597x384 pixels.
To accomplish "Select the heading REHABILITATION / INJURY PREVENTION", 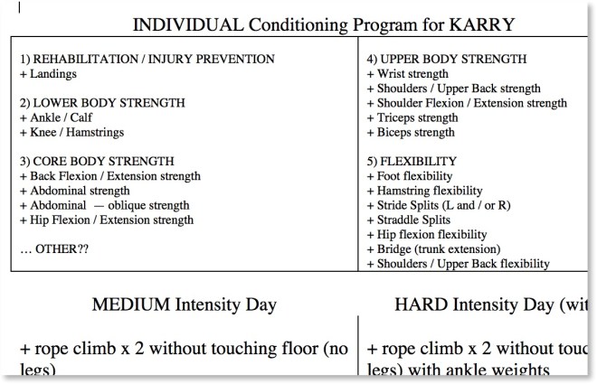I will (147, 59).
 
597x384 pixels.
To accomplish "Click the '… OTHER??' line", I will (51, 248).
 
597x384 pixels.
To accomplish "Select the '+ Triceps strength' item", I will (412, 117).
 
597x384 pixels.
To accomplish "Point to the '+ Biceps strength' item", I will (411, 132).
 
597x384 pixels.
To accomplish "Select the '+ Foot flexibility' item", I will (410, 176).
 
